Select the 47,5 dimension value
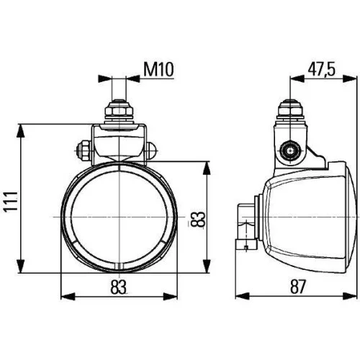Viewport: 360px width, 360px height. (322, 69)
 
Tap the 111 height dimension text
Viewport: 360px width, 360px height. (11, 196)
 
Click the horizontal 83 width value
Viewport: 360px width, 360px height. (119, 286)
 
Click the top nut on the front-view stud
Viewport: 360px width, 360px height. (118, 112)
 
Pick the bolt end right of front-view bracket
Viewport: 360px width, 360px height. (153, 151)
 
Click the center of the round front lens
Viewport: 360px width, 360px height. (119, 216)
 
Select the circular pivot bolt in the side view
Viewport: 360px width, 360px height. (291, 150)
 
